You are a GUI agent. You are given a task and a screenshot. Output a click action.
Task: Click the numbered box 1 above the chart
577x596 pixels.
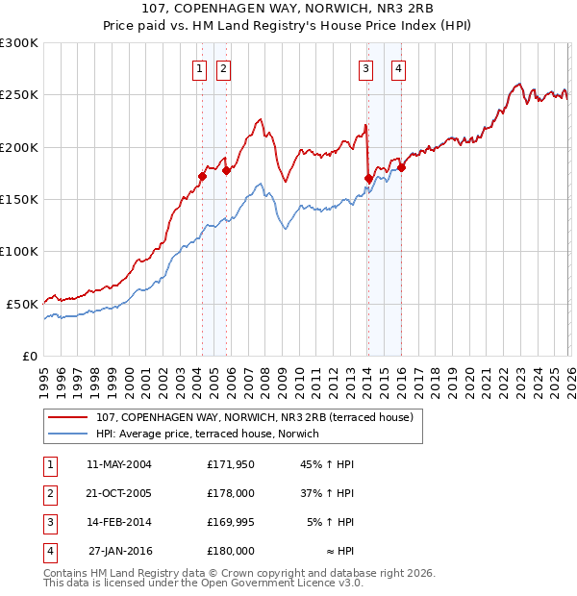click(199, 68)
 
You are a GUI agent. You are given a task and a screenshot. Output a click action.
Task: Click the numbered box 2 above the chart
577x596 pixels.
click(223, 68)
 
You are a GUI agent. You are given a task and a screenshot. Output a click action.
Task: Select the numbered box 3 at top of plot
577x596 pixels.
click(366, 68)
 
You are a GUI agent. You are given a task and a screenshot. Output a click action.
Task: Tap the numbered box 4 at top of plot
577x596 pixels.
click(397, 68)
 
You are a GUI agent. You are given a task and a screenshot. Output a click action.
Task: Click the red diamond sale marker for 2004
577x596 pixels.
click(203, 176)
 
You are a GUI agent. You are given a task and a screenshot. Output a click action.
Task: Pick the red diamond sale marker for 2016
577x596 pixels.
click(402, 168)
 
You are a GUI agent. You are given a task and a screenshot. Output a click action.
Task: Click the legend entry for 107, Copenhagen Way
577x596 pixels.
click(254, 417)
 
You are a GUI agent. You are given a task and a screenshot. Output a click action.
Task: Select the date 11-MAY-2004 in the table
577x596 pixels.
click(119, 464)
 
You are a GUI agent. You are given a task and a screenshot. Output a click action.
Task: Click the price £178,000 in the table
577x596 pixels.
click(231, 493)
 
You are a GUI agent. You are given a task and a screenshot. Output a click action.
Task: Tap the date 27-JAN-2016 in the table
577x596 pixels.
click(120, 551)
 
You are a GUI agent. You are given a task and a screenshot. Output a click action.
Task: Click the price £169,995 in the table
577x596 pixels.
click(231, 522)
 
